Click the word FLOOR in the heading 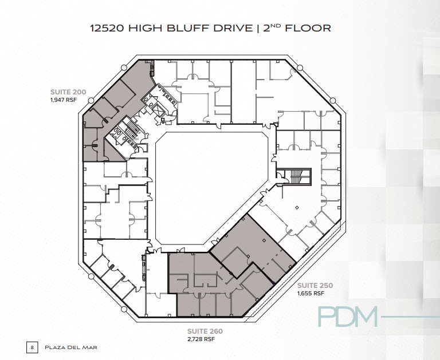tap(311, 27)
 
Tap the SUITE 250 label tap(315, 285)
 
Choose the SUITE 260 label tap(205, 331)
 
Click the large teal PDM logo tap(348, 316)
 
